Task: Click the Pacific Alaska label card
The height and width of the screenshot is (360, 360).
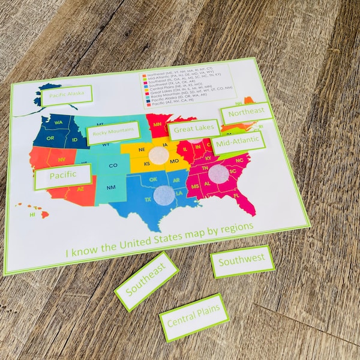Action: point(66,95)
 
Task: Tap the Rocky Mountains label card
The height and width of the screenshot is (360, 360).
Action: point(114,133)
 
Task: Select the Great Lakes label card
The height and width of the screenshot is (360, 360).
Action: point(193,130)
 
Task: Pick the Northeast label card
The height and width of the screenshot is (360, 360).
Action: point(247,113)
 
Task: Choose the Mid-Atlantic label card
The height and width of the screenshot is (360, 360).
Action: point(238,143)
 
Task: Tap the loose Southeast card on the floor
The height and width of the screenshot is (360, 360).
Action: point(146,281)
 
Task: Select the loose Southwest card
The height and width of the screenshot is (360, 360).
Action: point(242,261)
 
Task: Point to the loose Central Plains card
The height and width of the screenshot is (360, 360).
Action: point(194,317)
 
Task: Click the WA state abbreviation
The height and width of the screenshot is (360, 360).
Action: point(58,123)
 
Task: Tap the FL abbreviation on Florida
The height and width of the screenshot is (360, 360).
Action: point(236,196)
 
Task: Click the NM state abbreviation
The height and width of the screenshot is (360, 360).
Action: point(111,188)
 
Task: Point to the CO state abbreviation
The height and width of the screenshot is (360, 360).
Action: point(113,165)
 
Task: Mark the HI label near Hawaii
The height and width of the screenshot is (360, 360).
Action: point(33,214)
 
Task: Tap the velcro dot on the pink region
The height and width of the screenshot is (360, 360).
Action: point(218,174)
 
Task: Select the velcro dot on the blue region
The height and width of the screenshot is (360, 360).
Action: point(163,194)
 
